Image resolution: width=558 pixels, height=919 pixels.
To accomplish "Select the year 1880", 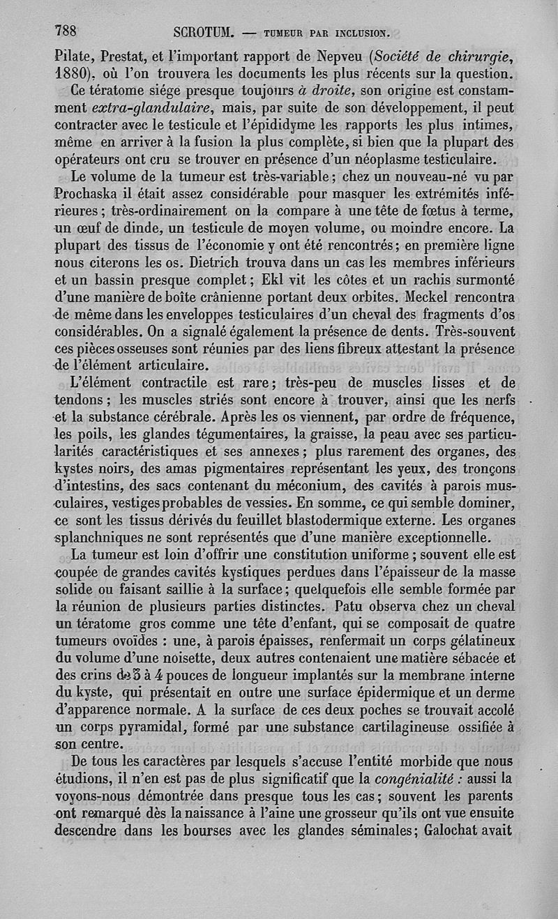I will point(75,72).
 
